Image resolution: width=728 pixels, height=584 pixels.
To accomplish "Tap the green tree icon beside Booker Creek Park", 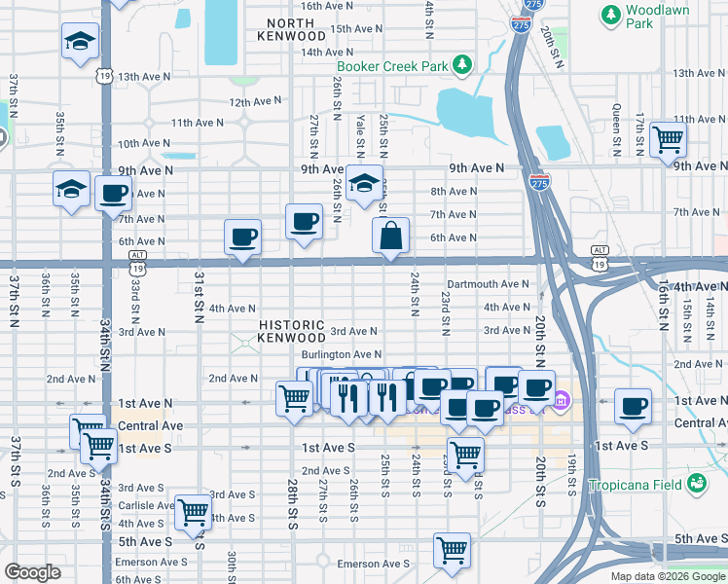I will pos(463,66).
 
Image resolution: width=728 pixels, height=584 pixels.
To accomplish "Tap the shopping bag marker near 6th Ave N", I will pos(390,236).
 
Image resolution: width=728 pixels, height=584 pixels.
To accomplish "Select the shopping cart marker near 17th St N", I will pos(668,139).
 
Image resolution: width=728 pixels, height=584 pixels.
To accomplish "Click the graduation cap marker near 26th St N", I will pos(363,182).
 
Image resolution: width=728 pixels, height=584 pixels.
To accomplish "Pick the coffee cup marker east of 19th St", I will pos(634,405).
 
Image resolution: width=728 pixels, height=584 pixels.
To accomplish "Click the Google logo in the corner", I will pos(32,572).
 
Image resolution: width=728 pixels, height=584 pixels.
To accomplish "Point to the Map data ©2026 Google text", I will pos(667,576).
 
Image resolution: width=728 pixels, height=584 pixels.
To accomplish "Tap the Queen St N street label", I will pos(616,129).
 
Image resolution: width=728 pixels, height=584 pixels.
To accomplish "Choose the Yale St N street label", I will pos(360,135).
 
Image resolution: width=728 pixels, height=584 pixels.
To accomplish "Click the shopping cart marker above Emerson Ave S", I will pos(452,550).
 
